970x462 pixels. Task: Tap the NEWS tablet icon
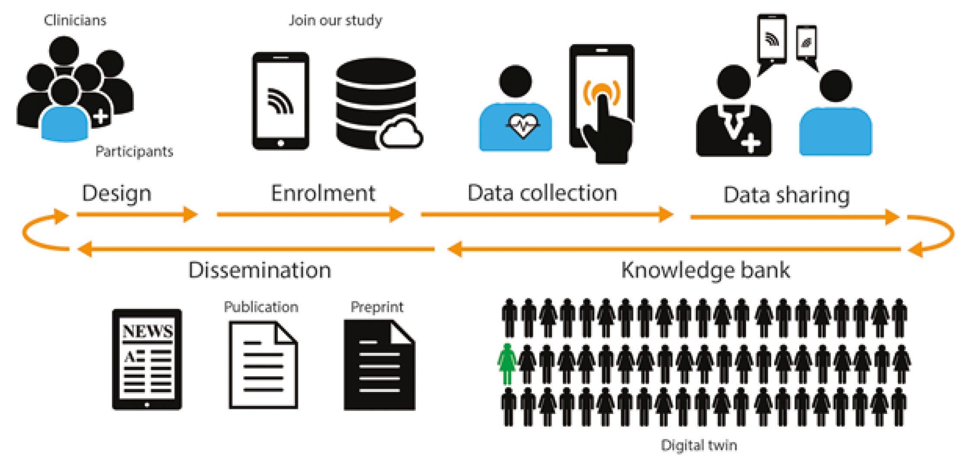pyautogui.click(x=147, y=359)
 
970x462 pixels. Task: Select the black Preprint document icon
pyautogui.click(x=379, y=366)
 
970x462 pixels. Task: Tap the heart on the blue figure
pyautogui.click(x=523, y=125)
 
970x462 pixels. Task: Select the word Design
pyautogui.click(x=117, y=193)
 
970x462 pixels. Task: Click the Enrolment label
pyautogui.click(x=323, y=193)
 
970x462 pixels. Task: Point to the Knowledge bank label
pyautogui.click(x=705, y=270)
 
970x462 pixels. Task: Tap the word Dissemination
pyautogui.click(x=260, y=270)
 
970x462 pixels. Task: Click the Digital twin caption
pyautogui.click(x=699, y=445)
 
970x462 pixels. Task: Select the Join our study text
pyautogui.click(x=335, y=20)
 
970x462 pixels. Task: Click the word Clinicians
pyautogui.click(x=75, y=20)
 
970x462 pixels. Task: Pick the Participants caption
pyautogui.click(x=134, y=151)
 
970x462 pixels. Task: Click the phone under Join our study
pyautogui.click(x=281, y=101)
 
